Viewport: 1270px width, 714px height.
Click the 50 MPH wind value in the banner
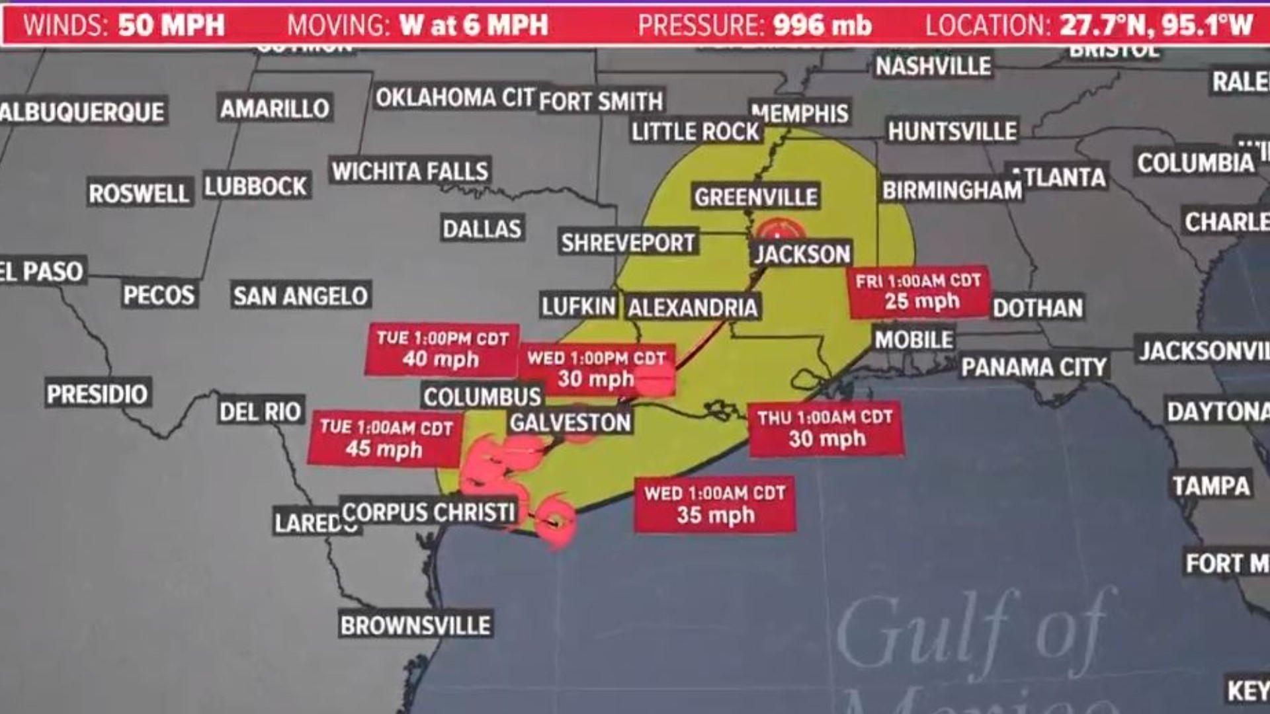click(171, 26)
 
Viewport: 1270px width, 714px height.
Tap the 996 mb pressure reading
click(822, 26)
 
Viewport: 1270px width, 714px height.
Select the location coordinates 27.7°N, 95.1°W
click(1156, 26)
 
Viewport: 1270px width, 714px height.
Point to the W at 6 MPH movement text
click(474, 26)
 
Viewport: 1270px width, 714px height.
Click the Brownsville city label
click(415, 625)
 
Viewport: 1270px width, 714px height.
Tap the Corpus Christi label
click(429, 512)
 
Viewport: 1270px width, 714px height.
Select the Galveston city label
click(570, 422)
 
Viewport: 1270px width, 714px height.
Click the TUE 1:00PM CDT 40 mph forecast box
click(442, 349)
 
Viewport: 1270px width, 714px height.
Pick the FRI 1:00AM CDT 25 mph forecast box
click(919, 292)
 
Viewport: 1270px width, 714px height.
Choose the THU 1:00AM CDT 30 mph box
click(827, 428)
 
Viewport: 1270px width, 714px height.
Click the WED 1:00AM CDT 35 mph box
click(715, 504)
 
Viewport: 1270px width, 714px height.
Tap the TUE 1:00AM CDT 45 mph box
click(385, 438)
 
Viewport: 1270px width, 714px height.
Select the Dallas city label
click(482, 229)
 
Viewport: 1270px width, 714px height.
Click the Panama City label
click(1034, 367)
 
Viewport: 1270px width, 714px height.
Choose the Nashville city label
click(933, 66)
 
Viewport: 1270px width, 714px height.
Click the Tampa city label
click(1210, 486)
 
